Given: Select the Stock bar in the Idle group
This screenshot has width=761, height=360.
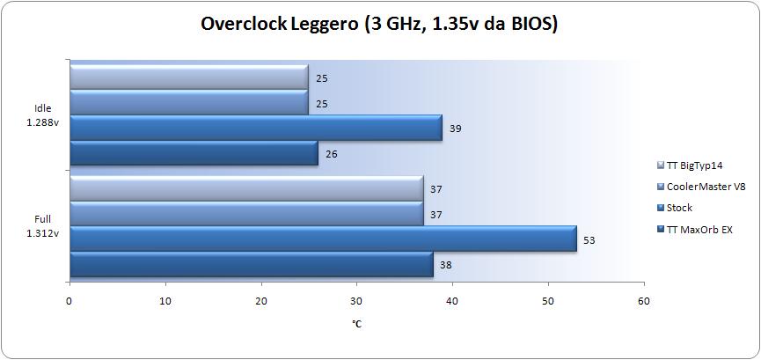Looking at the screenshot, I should coord(255,129).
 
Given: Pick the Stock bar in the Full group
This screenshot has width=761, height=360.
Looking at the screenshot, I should coord(322,239).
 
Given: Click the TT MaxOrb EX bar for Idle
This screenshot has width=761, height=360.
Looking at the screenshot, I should coord(193,154).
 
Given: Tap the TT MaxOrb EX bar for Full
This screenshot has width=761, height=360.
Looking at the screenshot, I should coord(251,264).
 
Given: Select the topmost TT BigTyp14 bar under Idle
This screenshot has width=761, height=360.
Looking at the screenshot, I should coord(188,77).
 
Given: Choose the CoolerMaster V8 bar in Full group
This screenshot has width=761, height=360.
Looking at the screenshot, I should coord(245,213).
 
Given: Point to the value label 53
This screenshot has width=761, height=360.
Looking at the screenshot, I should coord(589,239).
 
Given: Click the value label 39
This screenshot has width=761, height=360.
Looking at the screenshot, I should coord(455,129).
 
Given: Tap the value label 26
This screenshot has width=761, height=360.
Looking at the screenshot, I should coord(331,154).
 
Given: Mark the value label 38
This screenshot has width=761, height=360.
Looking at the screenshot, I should coord(446,264).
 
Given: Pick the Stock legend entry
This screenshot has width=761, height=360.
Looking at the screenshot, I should coord(679,209).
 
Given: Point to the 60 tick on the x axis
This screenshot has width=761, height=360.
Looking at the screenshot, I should coord(644,301).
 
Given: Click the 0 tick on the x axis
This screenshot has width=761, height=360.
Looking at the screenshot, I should coord(70,301).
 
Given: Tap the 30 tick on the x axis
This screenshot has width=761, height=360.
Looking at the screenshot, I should coord(356,301).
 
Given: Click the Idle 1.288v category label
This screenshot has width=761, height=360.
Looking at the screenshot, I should coord(42,115).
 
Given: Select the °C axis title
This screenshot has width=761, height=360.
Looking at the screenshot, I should coord(356,325).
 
